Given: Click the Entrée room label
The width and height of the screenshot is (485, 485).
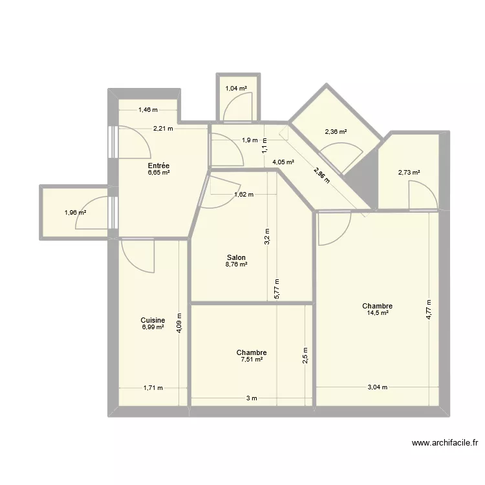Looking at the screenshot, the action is (x=158, y=166).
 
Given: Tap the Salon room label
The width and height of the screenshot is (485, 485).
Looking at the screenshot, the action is (x=236, y=257).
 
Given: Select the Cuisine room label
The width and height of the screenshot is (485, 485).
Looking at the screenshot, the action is (x=153, y=320).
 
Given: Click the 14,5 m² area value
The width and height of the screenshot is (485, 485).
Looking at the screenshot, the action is (x=378, y=313).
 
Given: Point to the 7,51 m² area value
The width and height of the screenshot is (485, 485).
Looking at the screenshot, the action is (x=252, y=360).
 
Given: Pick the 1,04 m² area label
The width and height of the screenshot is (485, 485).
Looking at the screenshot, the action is (x=236, y=89).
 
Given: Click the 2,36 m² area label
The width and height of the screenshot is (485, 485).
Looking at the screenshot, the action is (x=336, y=132).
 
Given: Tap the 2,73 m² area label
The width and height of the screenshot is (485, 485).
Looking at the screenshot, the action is (x=409, y=173).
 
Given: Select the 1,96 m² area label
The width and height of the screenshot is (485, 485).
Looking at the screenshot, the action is (x=75, y=213).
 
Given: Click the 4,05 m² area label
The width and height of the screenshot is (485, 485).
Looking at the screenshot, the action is (x=283, y=162).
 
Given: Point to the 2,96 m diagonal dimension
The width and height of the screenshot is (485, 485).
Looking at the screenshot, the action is (x=321, y=175).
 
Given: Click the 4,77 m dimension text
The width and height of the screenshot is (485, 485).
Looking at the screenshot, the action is (x=428, y=310).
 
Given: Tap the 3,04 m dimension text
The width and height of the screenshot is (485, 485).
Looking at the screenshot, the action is (x=378, y=387).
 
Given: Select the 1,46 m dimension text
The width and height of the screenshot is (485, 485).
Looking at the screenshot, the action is (x=148, y=109).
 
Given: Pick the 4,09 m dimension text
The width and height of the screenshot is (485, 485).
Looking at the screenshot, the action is (x=179, y=323).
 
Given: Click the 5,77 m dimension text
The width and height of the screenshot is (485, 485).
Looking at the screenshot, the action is (x=277, y=289).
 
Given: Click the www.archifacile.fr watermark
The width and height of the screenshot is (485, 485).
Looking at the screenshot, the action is (x=445, y=443).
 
